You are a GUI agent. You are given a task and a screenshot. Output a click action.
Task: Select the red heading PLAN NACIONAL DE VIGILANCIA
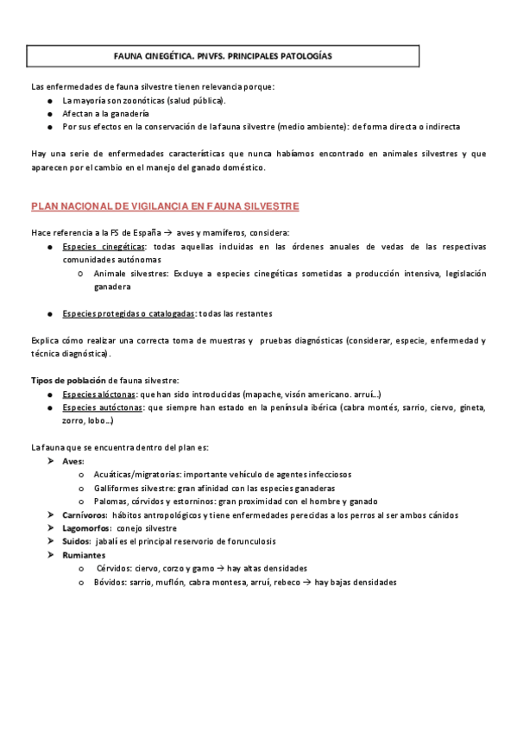[165, 207]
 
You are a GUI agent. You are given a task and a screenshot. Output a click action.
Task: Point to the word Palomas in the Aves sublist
[110, 502]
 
